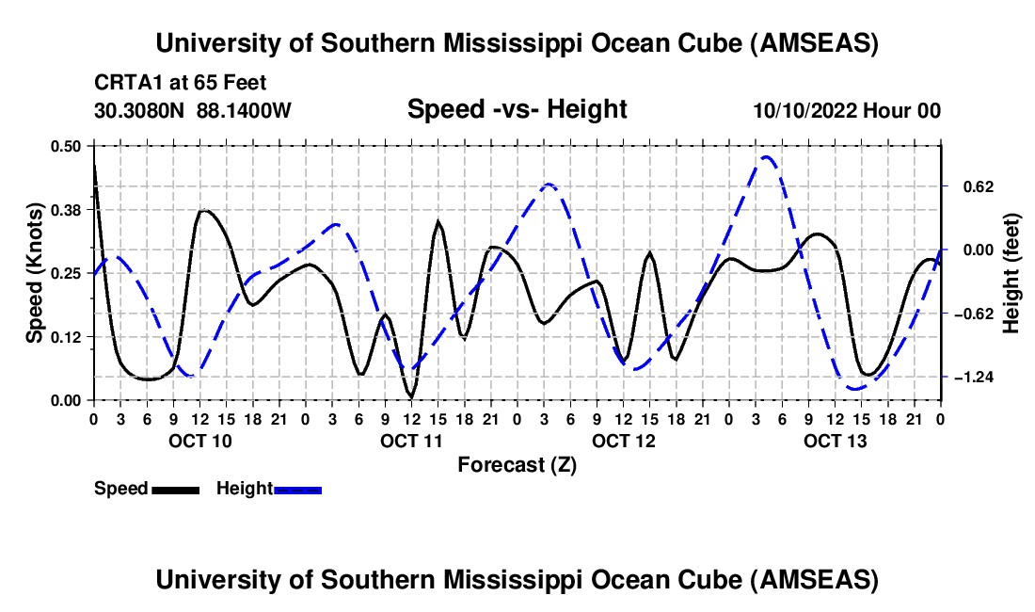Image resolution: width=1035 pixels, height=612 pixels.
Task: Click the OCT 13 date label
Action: coord(835,441)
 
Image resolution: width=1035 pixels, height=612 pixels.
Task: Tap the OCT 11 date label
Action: coord(410,441)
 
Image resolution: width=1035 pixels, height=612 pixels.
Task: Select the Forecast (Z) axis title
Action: coord(517,464)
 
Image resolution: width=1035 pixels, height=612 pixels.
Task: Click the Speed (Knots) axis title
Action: coord(34,273)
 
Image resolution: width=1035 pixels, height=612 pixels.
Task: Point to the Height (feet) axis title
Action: coord(1011,273)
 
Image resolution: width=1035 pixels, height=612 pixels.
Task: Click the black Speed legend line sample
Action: coord(175,490)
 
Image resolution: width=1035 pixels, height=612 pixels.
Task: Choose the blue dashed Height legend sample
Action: coord(297,490)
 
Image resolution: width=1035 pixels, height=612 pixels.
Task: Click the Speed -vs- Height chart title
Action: coord(517,109)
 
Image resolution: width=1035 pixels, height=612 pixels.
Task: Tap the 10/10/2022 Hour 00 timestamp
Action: coord(847,110)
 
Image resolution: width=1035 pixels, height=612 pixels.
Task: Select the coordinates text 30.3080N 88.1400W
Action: coord(193,110)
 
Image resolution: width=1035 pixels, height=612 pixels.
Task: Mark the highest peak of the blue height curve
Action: coord(767,157)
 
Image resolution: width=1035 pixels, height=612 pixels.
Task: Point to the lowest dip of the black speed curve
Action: coord(410,395)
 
